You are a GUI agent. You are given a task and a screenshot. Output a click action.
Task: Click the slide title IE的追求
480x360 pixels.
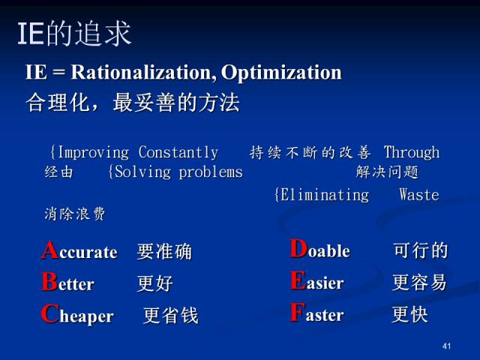coord(73,33)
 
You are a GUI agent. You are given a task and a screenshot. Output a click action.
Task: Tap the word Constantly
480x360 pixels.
coord(178,152)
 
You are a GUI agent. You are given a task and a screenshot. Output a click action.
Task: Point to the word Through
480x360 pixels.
coord(411,152)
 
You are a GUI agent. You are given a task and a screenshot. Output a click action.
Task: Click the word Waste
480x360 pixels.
coord(419,195)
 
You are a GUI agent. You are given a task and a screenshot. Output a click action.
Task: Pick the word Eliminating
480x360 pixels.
coord(322,195)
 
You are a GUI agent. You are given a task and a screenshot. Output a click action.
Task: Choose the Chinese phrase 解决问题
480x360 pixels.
coord(387,172)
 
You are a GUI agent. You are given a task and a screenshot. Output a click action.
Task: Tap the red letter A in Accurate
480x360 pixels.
coord(49,250)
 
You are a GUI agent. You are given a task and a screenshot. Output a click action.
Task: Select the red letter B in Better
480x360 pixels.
coord(49,282)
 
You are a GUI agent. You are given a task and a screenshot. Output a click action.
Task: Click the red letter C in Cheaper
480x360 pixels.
coord(49,314)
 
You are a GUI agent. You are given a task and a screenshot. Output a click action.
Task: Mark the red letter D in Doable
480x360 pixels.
coord(298,249)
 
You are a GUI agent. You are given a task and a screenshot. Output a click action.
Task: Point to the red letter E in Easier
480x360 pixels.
coord(297,281)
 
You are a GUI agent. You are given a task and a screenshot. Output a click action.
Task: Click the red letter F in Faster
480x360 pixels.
coord(297,313)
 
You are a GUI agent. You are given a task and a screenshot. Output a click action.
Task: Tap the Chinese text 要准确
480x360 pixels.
coord(164,252)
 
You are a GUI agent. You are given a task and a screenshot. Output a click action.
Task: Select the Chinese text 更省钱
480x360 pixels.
coord(171,316)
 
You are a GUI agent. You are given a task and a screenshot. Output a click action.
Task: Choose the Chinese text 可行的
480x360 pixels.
coord(420,250)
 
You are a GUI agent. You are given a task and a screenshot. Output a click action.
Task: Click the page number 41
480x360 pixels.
coord(447,346)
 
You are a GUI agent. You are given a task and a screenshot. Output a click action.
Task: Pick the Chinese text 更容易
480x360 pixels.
coord(419,283)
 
